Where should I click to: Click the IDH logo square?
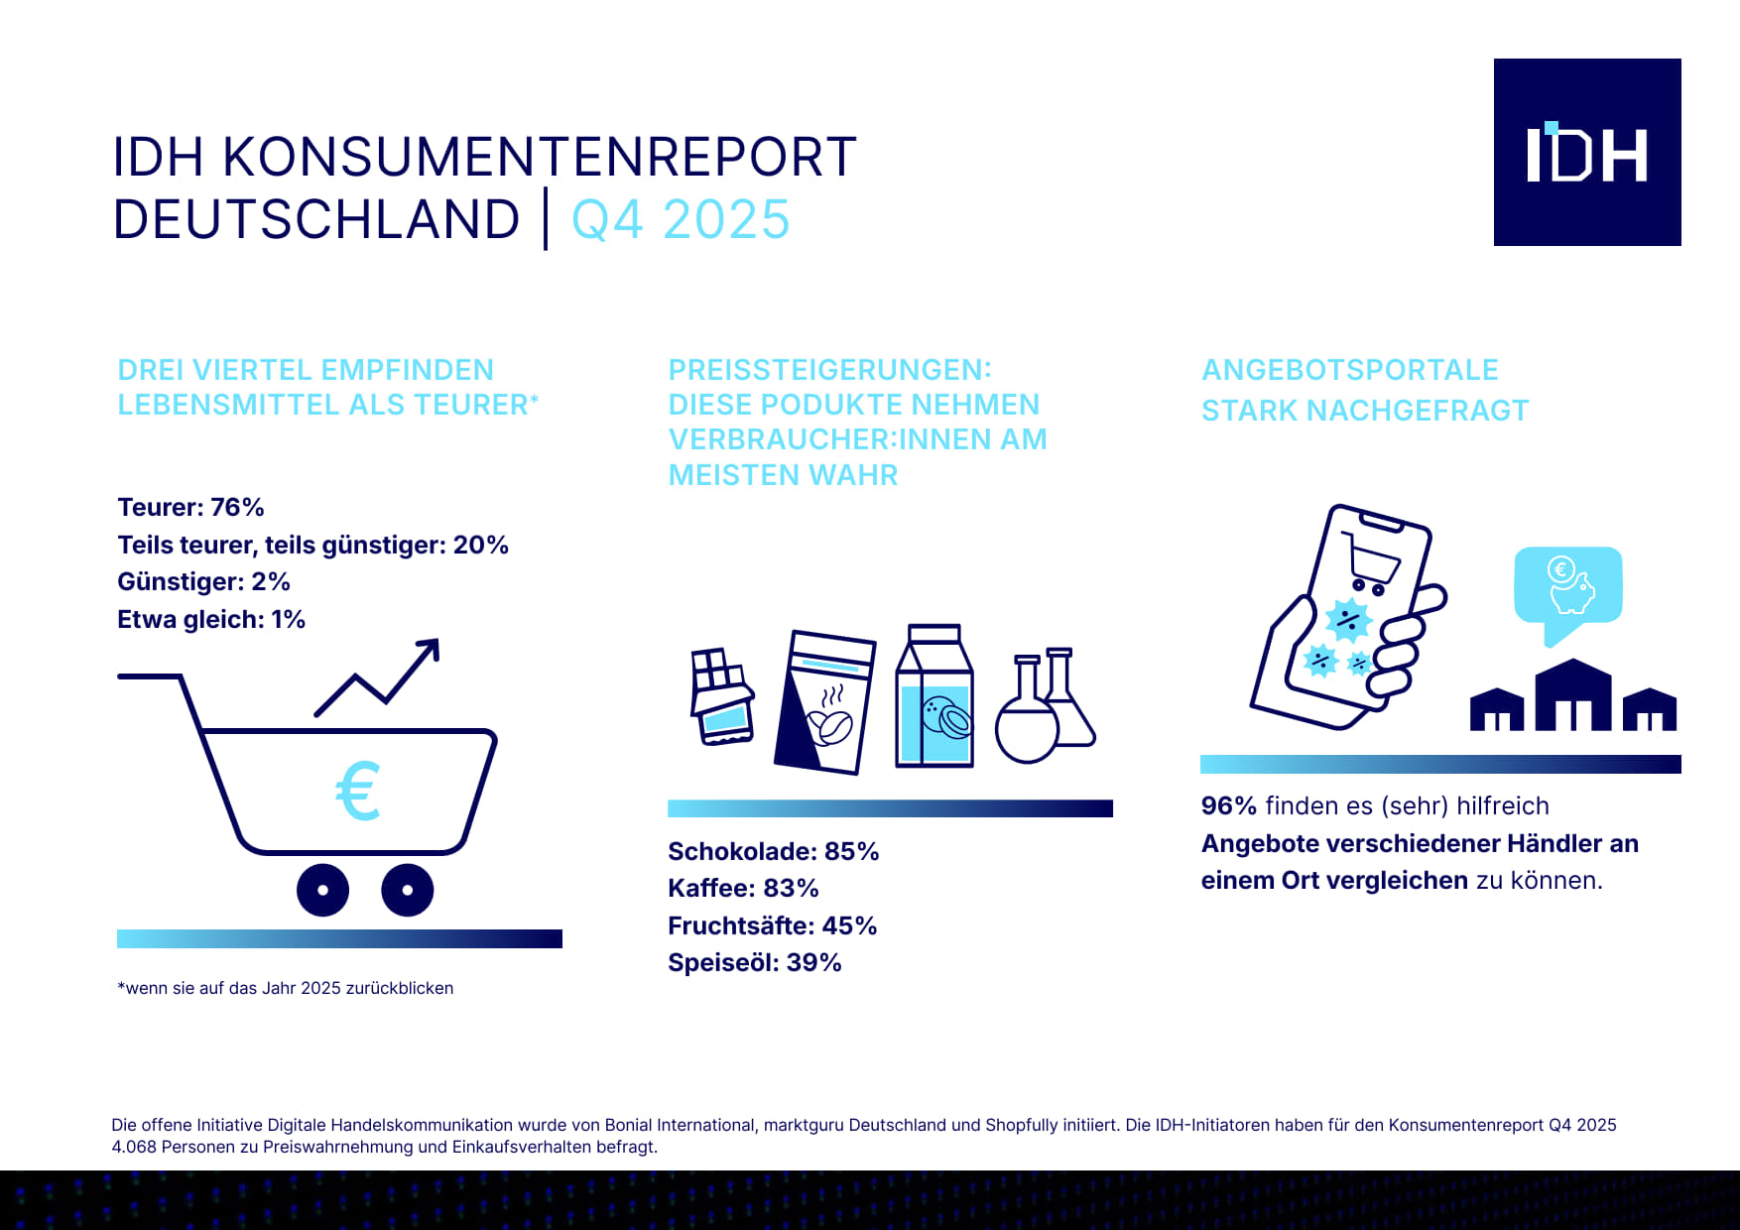tap(1586, 152)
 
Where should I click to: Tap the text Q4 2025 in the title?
tap(681, 219)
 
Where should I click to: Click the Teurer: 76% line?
tap(190, 508)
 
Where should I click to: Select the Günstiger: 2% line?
tap(203, 581)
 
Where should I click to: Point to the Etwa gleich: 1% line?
tap(210, 619)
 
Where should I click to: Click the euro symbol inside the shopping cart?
tap(358, 791)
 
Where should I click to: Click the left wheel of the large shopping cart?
tap(322, 890)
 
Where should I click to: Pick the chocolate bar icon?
tap(721, 695)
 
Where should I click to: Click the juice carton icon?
tap(933, 696)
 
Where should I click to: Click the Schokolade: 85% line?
tap(773, 851)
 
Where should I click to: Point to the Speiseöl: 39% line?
tap(754, 962)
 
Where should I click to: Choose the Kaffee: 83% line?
tap(743, 888)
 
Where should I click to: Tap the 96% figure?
tap(1228, 805)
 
